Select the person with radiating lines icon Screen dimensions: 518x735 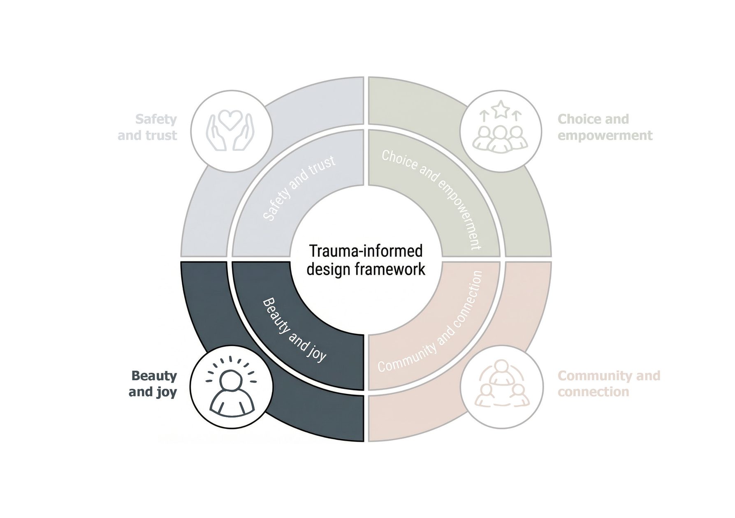tap(231, 387)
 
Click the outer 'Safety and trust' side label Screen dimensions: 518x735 tap(148, 127)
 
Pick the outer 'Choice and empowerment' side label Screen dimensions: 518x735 tap(605, 127)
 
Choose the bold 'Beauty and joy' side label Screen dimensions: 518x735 tap(153, 384)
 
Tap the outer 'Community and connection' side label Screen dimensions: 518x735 tap(609, 384)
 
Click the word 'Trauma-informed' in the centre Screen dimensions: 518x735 tap(366, 251)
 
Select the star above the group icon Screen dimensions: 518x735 tap(500, 109)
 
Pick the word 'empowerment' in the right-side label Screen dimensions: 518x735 tap(605, 135)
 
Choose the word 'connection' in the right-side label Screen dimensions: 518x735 tap(593, 392)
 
